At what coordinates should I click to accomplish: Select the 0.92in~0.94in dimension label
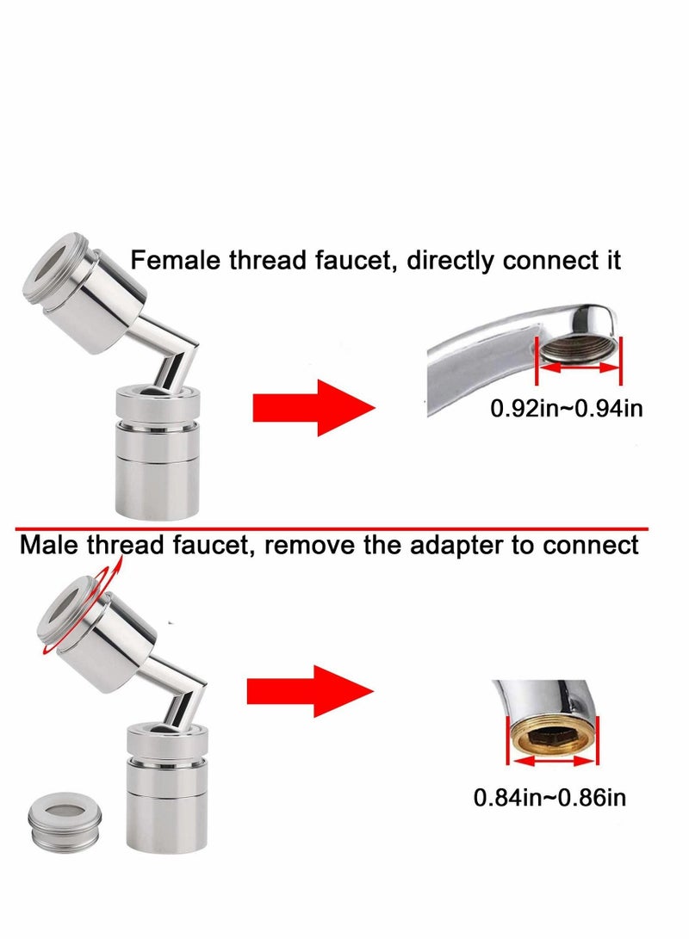566,407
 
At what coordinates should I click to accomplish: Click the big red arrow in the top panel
313,407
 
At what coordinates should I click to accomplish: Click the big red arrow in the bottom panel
309,690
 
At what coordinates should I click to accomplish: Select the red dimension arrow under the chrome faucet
578,368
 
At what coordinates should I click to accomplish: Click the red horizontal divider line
344,527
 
